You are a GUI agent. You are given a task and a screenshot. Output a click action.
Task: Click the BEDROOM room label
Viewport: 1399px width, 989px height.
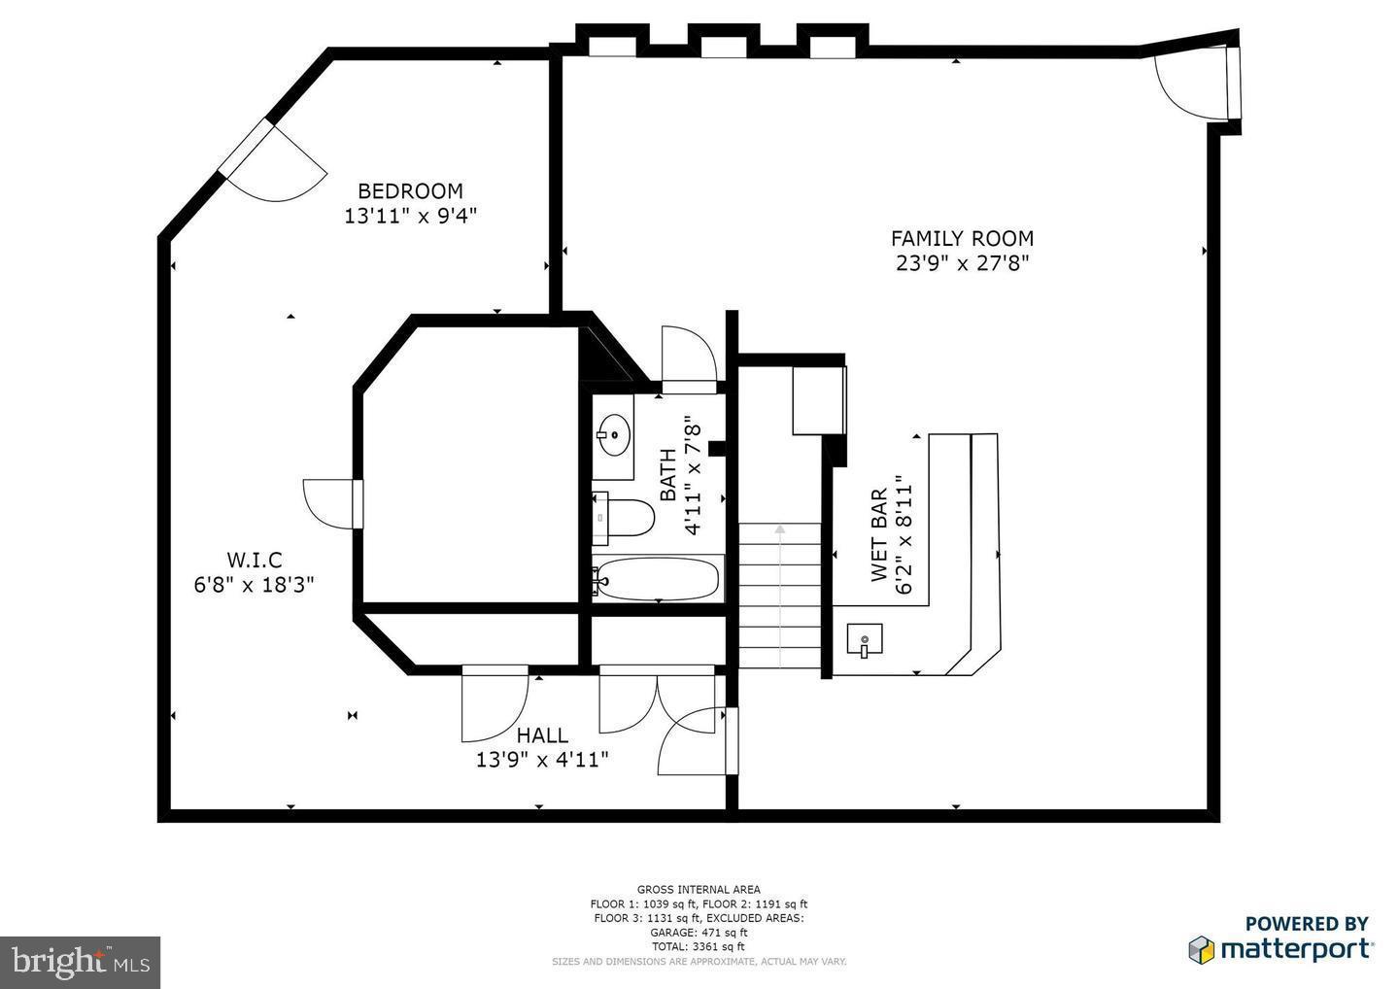[410, 191]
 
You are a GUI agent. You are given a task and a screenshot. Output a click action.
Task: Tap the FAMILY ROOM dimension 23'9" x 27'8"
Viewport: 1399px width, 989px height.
[962, 262]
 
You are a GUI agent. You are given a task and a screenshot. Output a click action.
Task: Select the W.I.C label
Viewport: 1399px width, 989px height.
[255, 560]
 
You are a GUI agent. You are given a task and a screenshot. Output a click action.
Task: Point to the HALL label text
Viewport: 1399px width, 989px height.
[542, 735]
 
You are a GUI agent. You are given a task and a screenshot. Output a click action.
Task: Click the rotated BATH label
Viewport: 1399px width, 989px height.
[668, 475]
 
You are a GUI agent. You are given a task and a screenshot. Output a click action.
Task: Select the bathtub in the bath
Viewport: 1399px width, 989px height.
[658, 580]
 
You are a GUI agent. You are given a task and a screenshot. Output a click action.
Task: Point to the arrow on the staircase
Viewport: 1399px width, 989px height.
[779, 530]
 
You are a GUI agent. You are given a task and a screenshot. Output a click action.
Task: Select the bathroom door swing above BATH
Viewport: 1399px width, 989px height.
[688, 356]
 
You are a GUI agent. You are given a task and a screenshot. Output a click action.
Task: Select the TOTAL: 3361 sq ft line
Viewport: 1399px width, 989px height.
[699, 945]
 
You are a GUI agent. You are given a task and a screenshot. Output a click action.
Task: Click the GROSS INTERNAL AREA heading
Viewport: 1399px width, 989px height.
[699, 889]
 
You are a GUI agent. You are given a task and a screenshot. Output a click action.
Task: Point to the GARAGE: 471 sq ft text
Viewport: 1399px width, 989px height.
[699, 932]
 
